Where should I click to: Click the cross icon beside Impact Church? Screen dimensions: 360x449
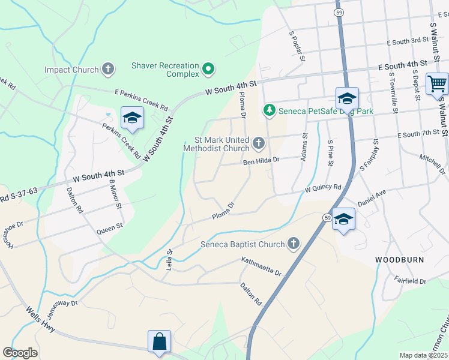pyautogui.click(x=108, y=70)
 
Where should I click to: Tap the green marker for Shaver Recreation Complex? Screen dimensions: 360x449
pyautogui.click(x=208, y=70)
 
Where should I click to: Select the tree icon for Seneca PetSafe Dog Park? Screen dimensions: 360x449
pyautogui.click(x=270, y=110)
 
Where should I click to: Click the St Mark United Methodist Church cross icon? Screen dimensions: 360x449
pyautogui.click(x=258, y=143)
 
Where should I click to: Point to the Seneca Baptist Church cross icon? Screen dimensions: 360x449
pyautogui.click(x=293, y=244)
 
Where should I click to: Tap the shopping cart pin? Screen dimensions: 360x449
pyautogui.click(x=437, y=83)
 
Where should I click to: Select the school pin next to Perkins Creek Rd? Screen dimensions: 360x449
pyautogui.click(x=132, y=118)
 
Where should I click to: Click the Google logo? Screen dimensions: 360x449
pyautogui.click(x=20, y=353)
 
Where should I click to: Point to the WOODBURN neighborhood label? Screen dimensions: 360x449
pyautogui.click(x=399, y=260)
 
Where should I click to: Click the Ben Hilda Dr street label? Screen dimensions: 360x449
pyautogui.click(x=261, y=161)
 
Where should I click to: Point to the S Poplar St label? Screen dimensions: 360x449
pyautogui.click(x=297, y=47)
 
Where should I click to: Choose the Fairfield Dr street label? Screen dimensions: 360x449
pyautogui.click(x=410, y=281)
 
